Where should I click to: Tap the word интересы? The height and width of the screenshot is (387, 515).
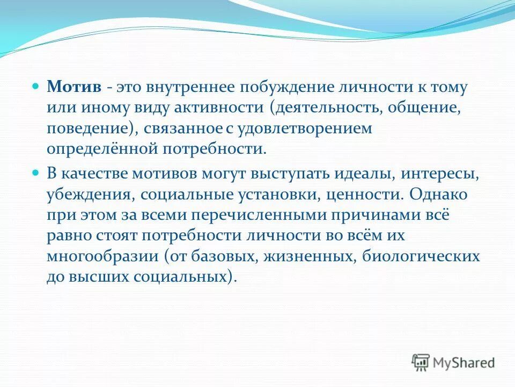[444, 174]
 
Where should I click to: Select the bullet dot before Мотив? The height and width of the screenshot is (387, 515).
[36, 86]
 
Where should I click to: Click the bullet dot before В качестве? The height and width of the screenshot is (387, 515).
[36, 173]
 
